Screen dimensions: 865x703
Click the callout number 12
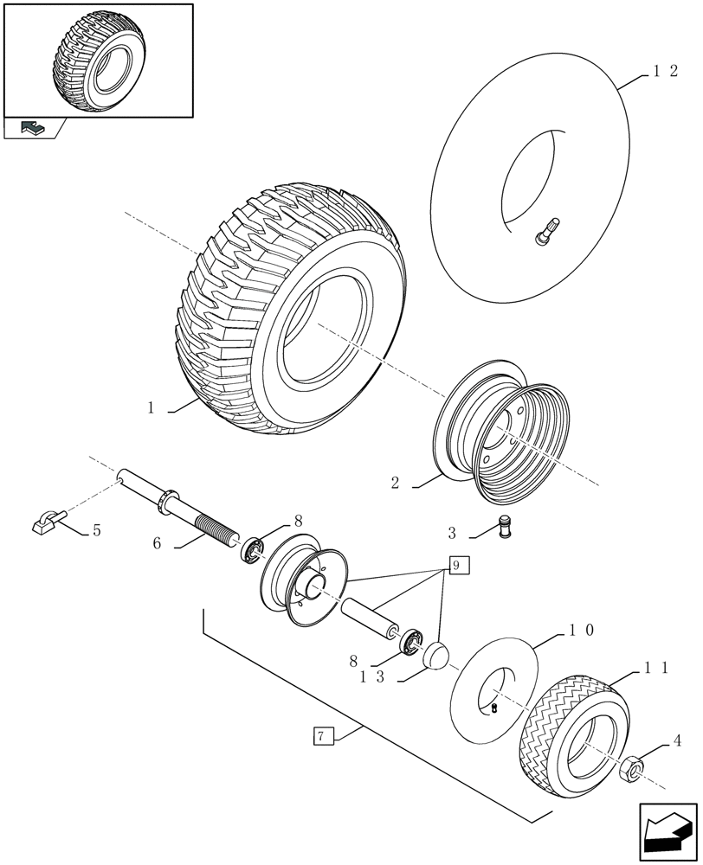[664, 74]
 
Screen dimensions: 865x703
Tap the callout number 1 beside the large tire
[151, 408]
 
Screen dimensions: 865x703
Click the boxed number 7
[320, 737]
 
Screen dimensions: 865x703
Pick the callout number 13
[372, 679]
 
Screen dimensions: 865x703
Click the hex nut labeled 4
[631, 766]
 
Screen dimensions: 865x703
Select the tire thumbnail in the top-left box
[98, 61]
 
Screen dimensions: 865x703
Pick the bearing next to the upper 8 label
[252, 549]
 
